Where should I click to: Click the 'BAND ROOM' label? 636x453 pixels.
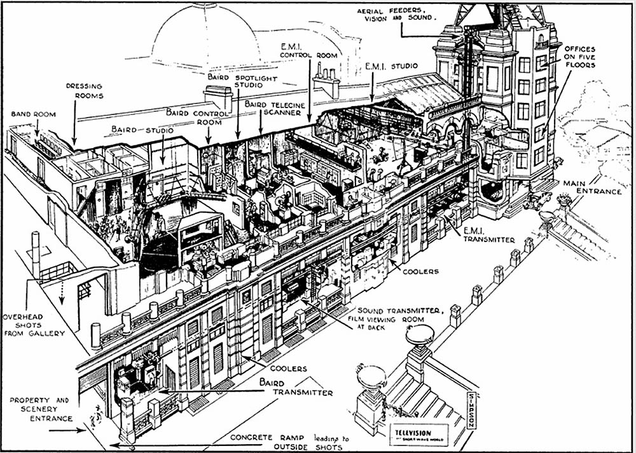point(33,114)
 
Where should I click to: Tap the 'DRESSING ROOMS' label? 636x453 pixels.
point(84,91)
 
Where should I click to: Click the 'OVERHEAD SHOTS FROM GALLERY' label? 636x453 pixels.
point(32,324)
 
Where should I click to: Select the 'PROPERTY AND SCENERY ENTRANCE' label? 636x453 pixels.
point(40,409)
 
